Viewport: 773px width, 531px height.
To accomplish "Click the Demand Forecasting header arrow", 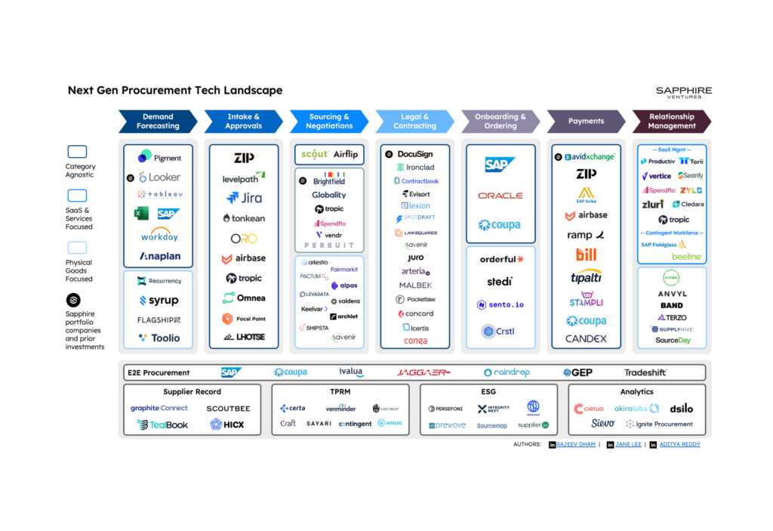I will [158, 122].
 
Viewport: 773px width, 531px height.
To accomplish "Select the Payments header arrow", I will [587, 122].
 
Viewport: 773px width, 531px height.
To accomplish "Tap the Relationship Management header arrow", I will [671, 122].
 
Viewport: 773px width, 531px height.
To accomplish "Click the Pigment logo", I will [159, 157].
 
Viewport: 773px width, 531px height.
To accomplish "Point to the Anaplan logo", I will [159, 256].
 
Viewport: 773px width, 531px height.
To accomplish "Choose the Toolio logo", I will [159, 338].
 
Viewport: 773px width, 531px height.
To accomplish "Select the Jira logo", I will [244, 198].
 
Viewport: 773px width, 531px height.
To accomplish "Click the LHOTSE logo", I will [244, 337].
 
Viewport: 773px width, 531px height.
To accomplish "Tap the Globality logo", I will [329, 195].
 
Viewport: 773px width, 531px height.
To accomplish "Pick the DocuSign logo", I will [409, 154].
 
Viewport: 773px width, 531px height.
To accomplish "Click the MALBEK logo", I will [415, 286].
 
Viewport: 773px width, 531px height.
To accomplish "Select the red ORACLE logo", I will [500, 196].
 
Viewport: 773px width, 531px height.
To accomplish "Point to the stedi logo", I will [500, 282].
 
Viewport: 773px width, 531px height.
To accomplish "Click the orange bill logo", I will [587, 255].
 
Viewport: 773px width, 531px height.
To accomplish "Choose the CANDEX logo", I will [587, 339].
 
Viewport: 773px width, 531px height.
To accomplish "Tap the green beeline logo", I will [687, 257].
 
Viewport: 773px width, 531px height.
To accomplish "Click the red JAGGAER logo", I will [423, 372].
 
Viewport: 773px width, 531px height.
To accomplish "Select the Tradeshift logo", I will [645, 372].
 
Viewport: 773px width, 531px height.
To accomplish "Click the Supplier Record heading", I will [192, 392].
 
